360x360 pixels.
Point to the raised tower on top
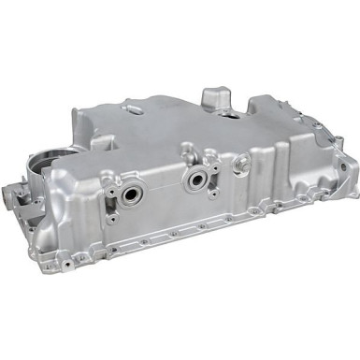[214, 100]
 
